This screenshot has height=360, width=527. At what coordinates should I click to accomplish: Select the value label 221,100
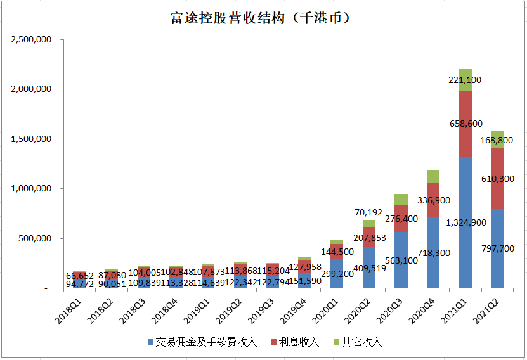click(x=465, y=80)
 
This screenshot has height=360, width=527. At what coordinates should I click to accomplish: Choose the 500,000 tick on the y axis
click(x=35, y=239)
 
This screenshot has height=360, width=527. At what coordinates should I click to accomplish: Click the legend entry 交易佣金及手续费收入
click(x=202, y=342)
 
